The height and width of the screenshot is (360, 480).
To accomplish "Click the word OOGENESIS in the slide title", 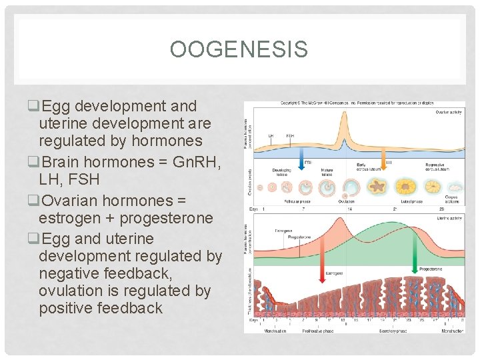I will pyautogui.click(x=239, y=50).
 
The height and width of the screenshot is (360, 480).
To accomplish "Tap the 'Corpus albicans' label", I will pyautogui.click(x=452, y=199).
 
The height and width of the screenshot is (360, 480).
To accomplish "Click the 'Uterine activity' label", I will pyautogui.click(x=450, y=217).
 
